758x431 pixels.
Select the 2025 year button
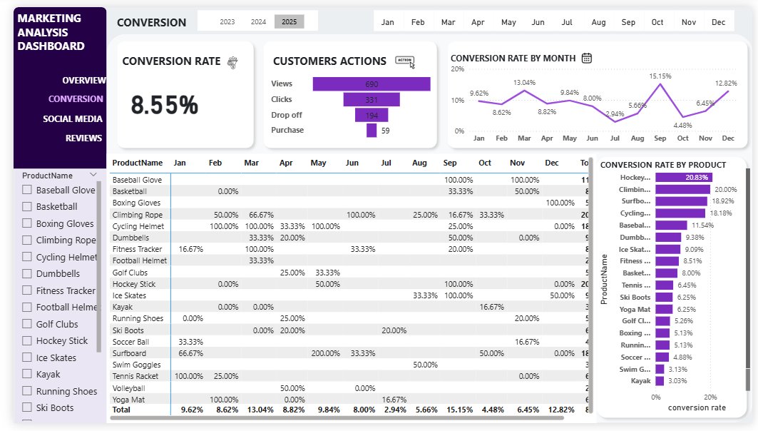pos(289,22)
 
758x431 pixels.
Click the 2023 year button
pos(227,22)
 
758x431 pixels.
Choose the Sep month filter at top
pos(628,22)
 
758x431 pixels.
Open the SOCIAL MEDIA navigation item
pos(73,119)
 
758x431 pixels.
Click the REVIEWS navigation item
pos(83,138)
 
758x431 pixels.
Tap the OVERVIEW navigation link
pos(83,81)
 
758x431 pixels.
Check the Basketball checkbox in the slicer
pos(27,207)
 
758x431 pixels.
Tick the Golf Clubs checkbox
pos(27,324)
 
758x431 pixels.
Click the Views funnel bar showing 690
pos(371,84)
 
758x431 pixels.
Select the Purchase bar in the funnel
pos(371,131)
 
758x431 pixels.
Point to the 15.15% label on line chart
pos(660,76)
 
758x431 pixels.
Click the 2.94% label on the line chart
pos(615,114)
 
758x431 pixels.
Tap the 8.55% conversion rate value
pos(164,106)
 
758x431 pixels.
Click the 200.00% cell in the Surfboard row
pos(325,353)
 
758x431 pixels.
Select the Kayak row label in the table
pos(122,307)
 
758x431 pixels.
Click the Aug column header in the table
pos(419,163)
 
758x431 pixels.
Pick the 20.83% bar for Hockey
pos(683,177)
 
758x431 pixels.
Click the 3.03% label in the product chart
pos(675,381)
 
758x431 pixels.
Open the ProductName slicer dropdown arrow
pos(93,175)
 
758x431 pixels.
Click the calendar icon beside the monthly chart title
pos(587,58)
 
